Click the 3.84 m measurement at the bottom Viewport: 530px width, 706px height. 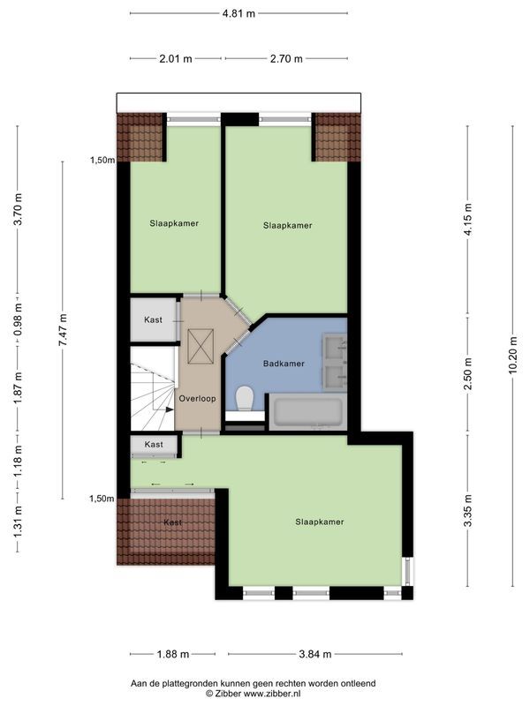click(314, 654)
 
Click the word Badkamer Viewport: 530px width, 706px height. click(284, 364)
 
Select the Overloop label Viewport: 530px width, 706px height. click(196, 399)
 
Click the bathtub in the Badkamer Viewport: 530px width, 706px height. click(307, 412)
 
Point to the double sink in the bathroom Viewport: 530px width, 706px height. click(336, 362)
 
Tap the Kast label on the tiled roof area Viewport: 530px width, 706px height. click(173, 522)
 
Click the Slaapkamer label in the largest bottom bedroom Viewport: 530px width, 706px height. click(319, 522)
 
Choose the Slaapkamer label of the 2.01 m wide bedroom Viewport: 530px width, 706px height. click(174, 223)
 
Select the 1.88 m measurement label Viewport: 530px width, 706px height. click(173, 654)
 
